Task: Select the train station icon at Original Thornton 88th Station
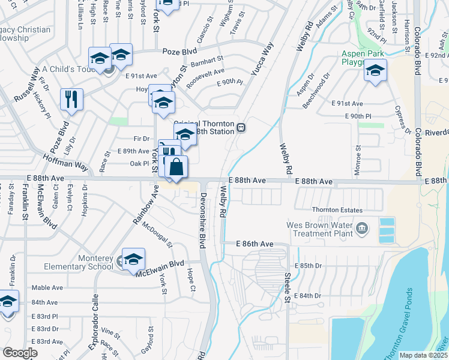[x=241, y=127]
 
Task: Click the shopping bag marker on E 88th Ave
[x=176, y=167]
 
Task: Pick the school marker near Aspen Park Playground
[x=375, y=71]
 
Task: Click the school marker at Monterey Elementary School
[x=133, y=259]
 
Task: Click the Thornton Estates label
[x=337, y=210]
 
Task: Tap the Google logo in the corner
[x=20, y=353]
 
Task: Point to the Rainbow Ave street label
[x=145, y=208]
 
